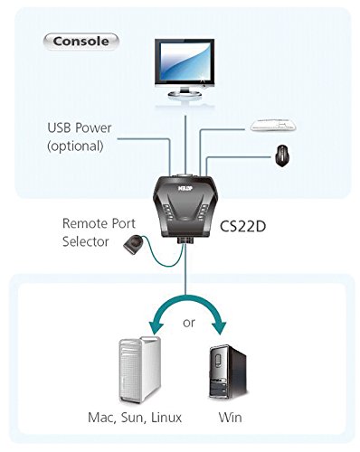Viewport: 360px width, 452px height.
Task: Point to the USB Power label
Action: pyautogui.click(x=81, y=127)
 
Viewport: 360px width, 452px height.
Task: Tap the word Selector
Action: pyautogui.click(x=88, y=241)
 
